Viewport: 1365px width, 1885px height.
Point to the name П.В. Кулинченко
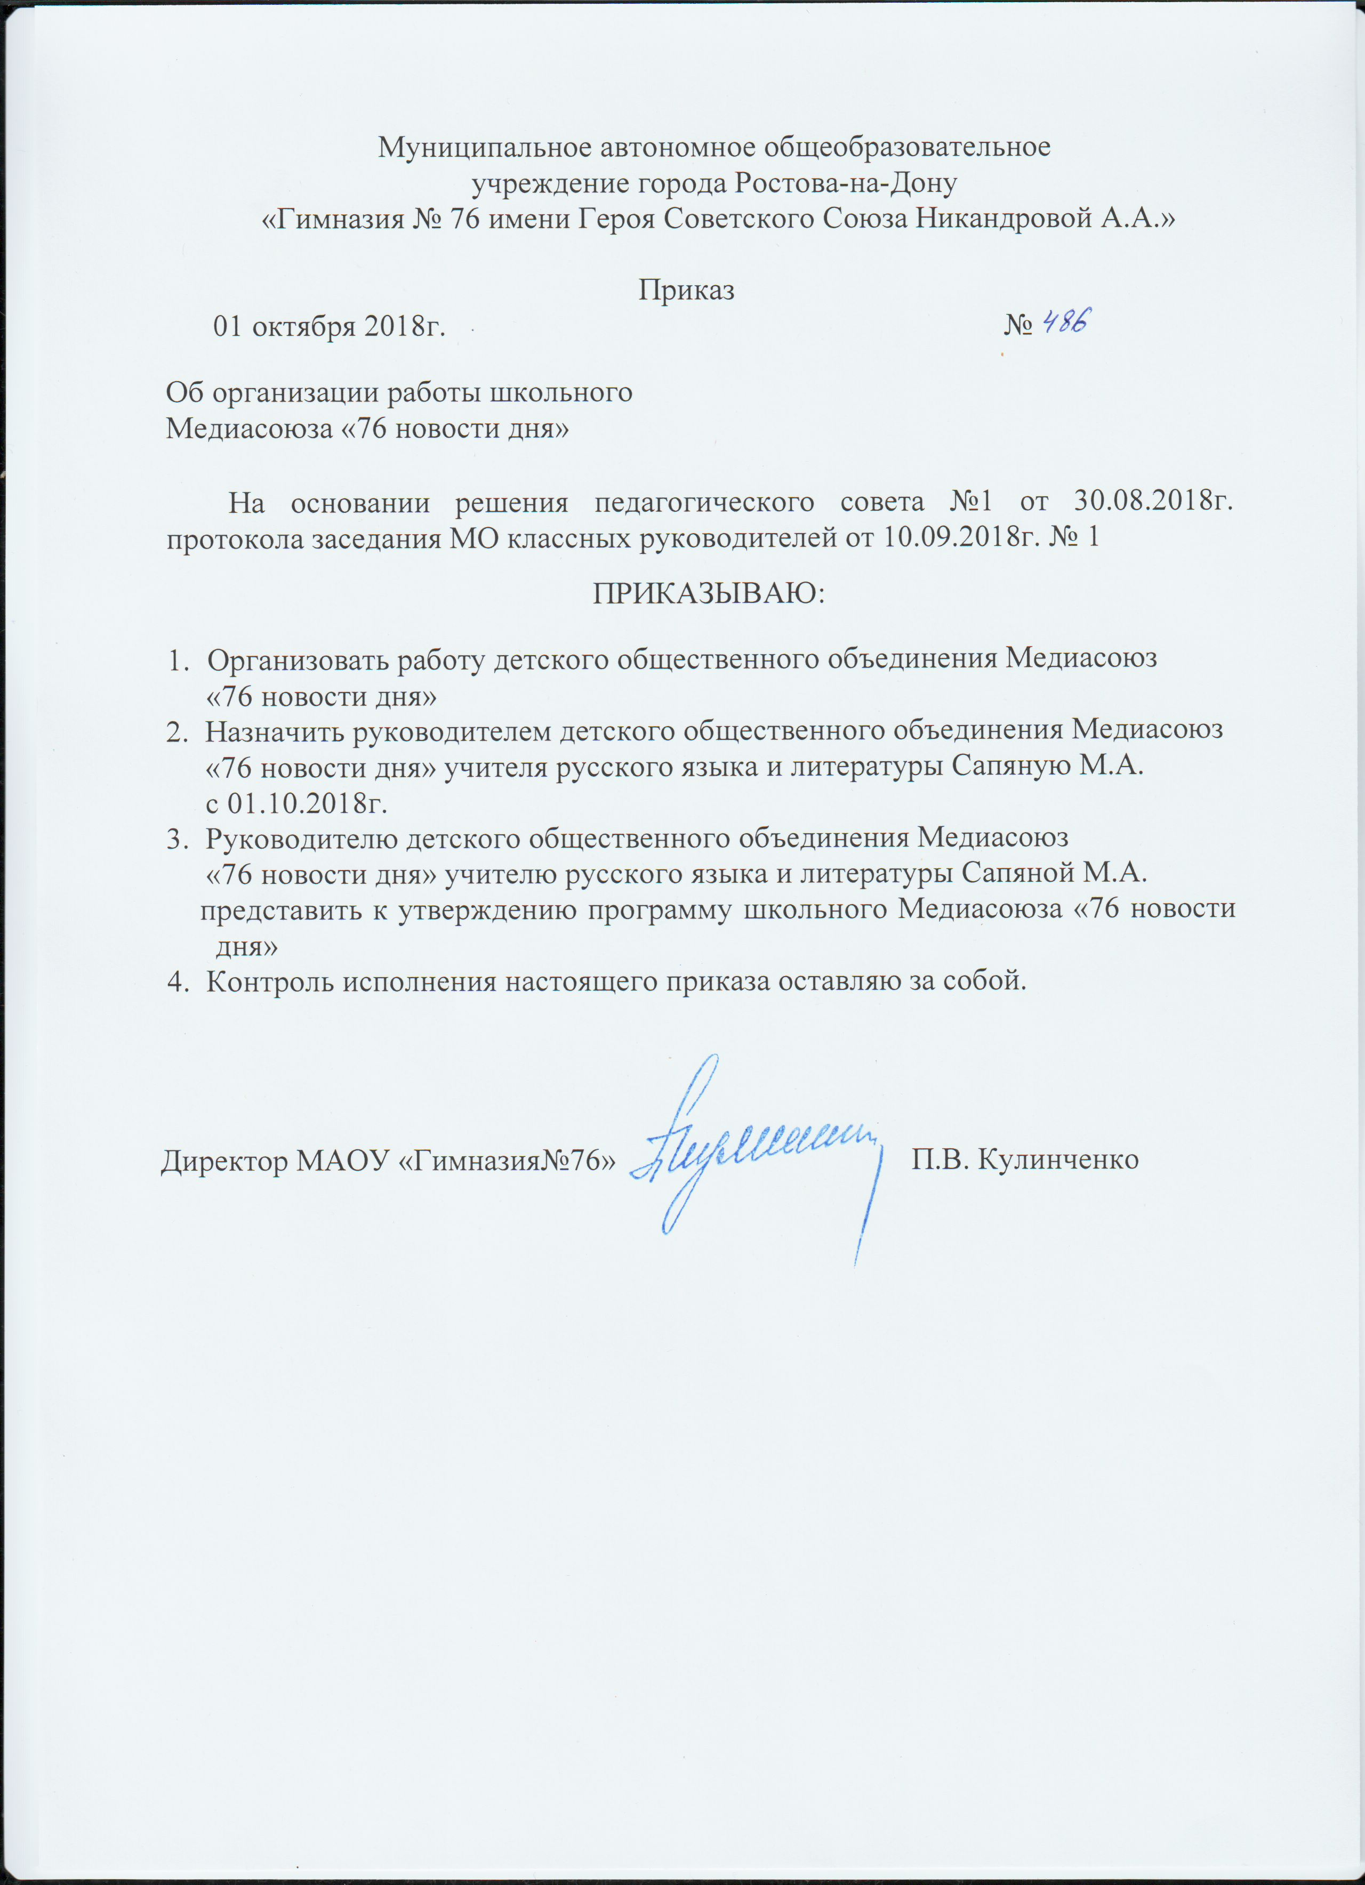(1025, 1158)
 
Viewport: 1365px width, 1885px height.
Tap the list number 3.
(174, 839)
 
